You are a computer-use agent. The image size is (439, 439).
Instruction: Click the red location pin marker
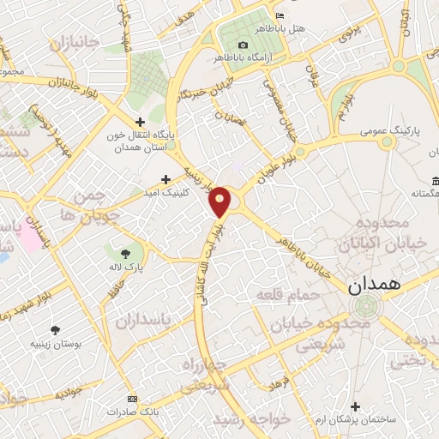click(x=220, y=202)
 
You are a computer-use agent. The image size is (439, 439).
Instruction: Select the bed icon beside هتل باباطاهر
click(x=280, y=17)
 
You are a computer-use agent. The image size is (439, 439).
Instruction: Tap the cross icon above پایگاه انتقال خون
click(x=141, y=123)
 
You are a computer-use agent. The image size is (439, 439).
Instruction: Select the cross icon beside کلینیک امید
click(x=166, y=180)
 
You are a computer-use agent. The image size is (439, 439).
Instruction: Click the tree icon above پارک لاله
click(x=126, y=253)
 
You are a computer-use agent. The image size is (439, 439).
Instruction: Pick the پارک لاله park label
click(x=127, y=266)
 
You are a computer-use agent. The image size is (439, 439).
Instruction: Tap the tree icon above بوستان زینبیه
click(x=56, y=331)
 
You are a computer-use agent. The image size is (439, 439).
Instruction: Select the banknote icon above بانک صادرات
click(x=131, y=400)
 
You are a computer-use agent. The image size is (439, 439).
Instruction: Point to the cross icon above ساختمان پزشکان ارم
click(x=357, y=406)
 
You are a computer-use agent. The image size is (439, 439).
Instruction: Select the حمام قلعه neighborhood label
click(x=287, y=295)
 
